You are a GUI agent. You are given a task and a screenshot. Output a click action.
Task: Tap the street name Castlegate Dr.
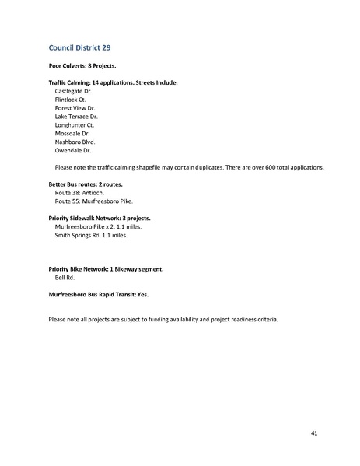(74, 91)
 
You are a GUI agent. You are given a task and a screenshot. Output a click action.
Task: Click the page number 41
(313, 433)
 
